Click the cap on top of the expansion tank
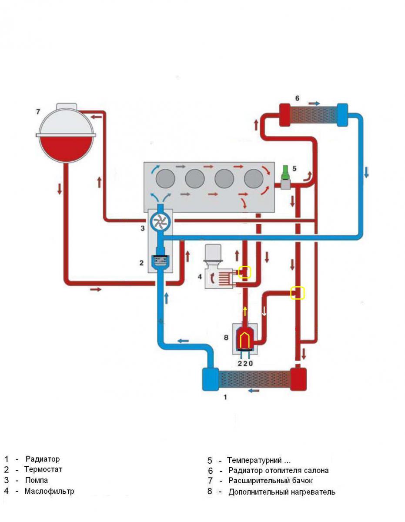(67, 107)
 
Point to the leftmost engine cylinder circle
(165, 179)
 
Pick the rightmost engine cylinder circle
(254, 179)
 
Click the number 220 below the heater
(245, 364)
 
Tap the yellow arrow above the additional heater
(245, 311)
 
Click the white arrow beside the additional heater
(264, 311)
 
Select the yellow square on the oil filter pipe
(245, 272)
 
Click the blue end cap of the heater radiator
(342, 115)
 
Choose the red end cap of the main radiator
(298, 379)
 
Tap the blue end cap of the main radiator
(211, 379)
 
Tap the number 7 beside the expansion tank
(38, 112)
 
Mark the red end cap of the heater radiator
(285, 115)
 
